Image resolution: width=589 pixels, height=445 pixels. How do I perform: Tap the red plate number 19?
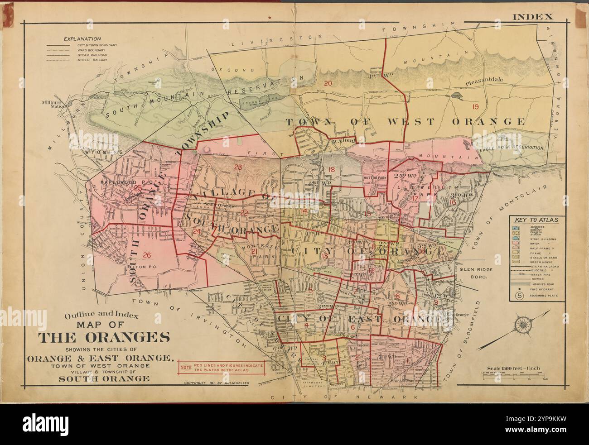475,107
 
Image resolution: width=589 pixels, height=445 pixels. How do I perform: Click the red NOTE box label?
185,367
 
